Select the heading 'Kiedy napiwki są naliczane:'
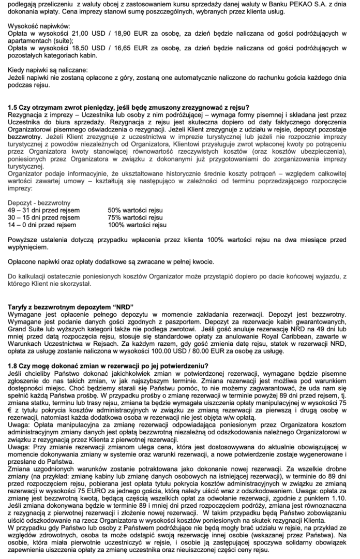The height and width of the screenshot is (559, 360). [48, 69]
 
